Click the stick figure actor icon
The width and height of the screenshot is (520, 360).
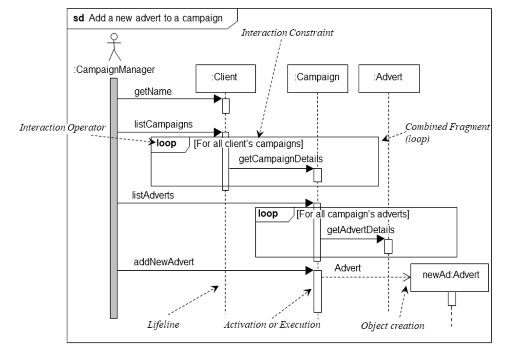click(x=115, y=47)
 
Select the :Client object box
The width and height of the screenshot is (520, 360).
click(x=226, y=78)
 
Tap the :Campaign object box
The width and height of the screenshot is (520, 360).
click(x=317, y=78)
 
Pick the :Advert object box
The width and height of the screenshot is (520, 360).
click(x=388, y=78)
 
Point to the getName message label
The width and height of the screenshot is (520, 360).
click(x=153, y=91)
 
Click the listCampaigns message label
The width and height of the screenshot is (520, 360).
click(x=163, y=124)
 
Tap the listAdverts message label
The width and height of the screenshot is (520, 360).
click(x=153, y=195)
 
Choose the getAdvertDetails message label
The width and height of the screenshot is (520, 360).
click(x=360, y=229)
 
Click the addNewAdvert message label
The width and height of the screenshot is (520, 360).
click(x=164, y=262)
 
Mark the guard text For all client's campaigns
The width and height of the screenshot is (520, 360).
click(x=249, y=143)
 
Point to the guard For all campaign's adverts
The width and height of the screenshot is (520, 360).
click(x=353, y=214)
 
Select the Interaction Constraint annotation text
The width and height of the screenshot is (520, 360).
click(x=288, y=33)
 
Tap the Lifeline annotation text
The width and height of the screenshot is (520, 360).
click(x=163, y=324)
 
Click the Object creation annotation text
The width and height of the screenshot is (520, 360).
click(x=393, y=325)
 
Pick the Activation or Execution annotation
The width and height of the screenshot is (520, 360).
click(x=272, y=324)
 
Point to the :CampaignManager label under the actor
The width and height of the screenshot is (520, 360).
click(x=114, y=69)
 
